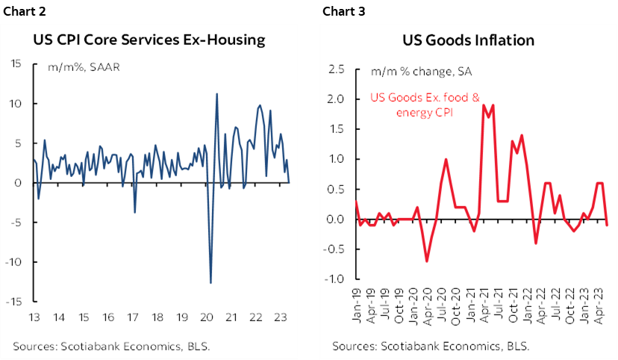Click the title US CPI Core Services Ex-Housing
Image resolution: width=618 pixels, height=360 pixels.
point(149,40)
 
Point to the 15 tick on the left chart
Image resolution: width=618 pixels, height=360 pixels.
point(16,63)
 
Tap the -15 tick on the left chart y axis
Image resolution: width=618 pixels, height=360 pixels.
point(14,302)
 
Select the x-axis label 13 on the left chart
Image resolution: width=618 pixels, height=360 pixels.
point(34,317)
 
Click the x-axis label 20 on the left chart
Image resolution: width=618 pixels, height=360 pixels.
point(207,317)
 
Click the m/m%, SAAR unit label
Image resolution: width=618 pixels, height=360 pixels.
point(75,67)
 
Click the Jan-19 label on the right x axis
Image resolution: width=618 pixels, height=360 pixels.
point(357,302)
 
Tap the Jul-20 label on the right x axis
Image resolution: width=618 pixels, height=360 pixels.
point(446,302)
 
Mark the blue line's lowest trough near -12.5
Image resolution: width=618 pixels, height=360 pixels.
point(210,282)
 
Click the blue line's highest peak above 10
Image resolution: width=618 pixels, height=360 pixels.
point(216,94)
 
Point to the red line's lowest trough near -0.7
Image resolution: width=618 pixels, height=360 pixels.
point(426,261)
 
